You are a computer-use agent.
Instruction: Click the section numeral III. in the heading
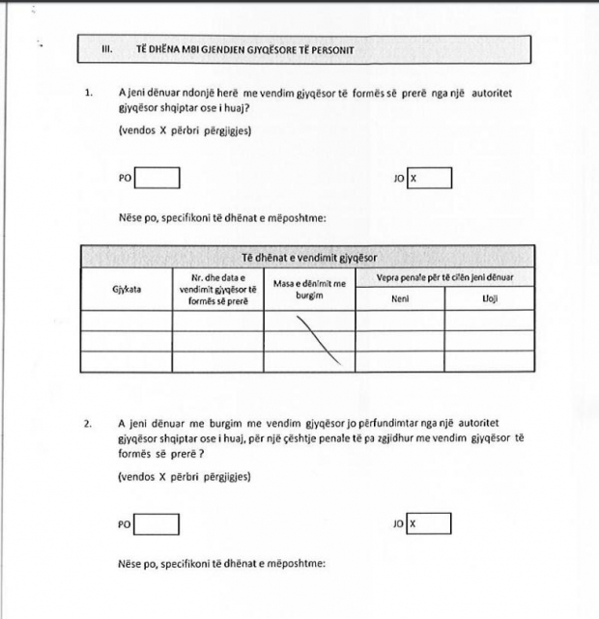click(108, 48)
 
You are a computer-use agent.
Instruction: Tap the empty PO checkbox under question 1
click(157, 179)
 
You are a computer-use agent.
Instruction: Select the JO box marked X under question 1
click(429, 179)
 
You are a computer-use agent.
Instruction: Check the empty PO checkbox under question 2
click(157, 523)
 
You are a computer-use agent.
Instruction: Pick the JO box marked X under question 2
click(429, 523)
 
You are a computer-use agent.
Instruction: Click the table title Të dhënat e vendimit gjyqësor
click(307, 258)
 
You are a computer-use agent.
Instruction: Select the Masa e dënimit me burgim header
click(308, 288)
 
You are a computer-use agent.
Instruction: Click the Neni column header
click(400, 298)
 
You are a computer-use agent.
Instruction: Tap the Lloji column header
click(489, 298)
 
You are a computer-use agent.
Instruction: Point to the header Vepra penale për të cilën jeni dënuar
click(444, 278)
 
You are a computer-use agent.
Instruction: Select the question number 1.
click(88, 93)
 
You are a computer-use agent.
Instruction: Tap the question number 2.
click(88, 422)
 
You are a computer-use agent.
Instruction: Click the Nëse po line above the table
click(223, 217)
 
